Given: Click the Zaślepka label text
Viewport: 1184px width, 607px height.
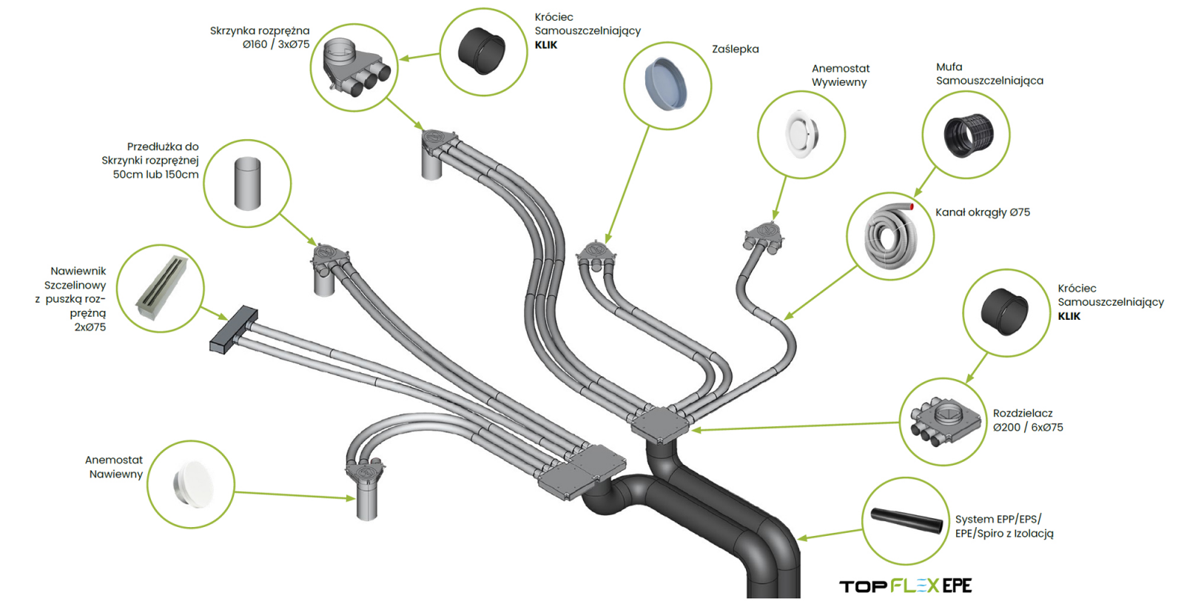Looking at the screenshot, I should [735, 49].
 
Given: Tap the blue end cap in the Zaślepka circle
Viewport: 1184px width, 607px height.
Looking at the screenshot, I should [665, 84].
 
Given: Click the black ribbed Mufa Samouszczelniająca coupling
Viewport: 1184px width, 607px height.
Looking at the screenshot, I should [967, 135].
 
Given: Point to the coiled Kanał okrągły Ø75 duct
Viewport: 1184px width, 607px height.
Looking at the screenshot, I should [891, 236].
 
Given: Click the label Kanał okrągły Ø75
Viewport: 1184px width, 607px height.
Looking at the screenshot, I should [982, 212].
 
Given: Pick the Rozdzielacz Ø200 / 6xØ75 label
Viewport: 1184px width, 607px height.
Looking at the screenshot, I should [1027, 420].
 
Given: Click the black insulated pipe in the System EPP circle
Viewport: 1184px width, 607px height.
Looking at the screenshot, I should [906, 520].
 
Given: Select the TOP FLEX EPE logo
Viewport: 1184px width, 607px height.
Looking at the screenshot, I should [905, 586].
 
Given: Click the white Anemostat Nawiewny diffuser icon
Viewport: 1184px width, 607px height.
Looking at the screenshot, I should [192, 484].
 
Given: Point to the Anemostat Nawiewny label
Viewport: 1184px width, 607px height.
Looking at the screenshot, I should [115, 467].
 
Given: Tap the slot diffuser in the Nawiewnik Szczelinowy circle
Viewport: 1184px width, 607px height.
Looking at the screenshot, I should [161, 287].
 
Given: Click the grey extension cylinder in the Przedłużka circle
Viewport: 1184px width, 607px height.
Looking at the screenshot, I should [247, 183].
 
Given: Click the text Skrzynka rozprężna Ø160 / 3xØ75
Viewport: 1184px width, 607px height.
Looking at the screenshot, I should [260, 38].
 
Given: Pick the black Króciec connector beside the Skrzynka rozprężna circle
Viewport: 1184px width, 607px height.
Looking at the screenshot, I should [482, 51].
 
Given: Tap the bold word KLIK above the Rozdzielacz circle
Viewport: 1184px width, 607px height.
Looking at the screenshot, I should [1069, 316].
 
